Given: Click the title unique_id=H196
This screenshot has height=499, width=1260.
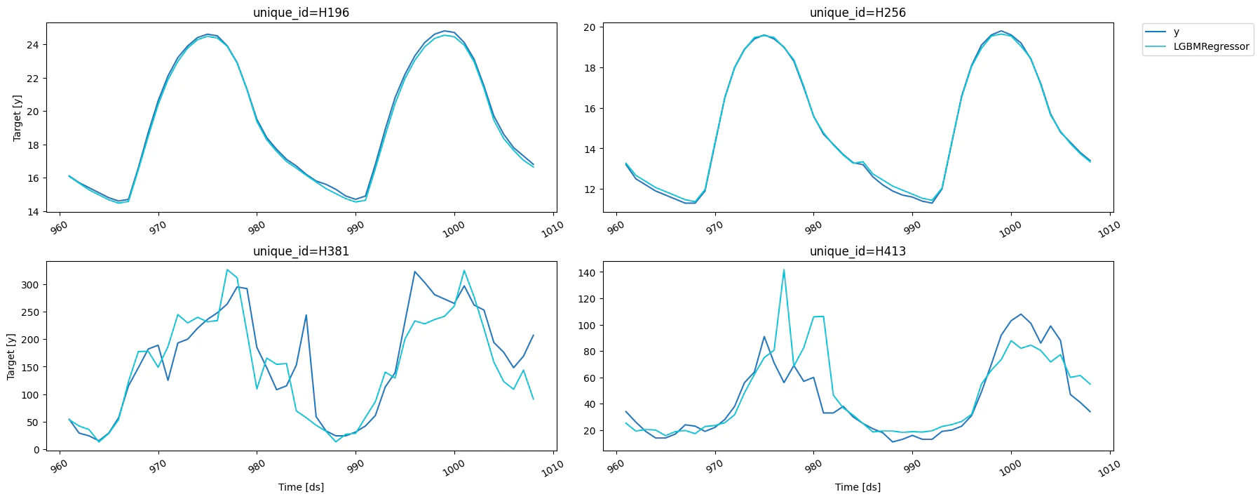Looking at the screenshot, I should coord(301,13).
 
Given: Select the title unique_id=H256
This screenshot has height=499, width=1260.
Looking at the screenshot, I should coord(858,13).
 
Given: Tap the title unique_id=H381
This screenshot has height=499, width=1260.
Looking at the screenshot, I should coord(301,251).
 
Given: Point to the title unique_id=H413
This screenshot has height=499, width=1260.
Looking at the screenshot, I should coord(858,251).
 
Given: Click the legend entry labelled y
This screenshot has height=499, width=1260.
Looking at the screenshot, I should coord(1176,32).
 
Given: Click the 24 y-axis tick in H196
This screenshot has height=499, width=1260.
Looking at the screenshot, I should coord(34,45).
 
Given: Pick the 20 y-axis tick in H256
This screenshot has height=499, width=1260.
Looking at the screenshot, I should coord(590,27).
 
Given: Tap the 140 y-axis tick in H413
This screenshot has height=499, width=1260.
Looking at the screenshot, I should coord(585,272).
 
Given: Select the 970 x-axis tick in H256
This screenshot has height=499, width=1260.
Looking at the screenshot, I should coord(714,229).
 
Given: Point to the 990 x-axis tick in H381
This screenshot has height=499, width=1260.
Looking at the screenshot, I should coord(355,467).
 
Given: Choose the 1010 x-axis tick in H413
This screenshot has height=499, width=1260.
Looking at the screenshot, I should coord(1109,467).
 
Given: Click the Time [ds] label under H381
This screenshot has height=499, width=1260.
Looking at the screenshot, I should coord(301,487).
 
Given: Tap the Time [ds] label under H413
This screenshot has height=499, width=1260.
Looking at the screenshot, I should coord(858,487).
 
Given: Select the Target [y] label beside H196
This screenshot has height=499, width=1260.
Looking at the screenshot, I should coord(18,117).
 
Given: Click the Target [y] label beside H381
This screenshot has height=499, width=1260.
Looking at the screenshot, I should coord(11,356).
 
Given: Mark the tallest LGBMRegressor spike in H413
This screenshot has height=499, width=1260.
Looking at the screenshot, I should coord(783,270).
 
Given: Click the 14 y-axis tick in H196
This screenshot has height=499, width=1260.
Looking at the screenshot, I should coord(34,212).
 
